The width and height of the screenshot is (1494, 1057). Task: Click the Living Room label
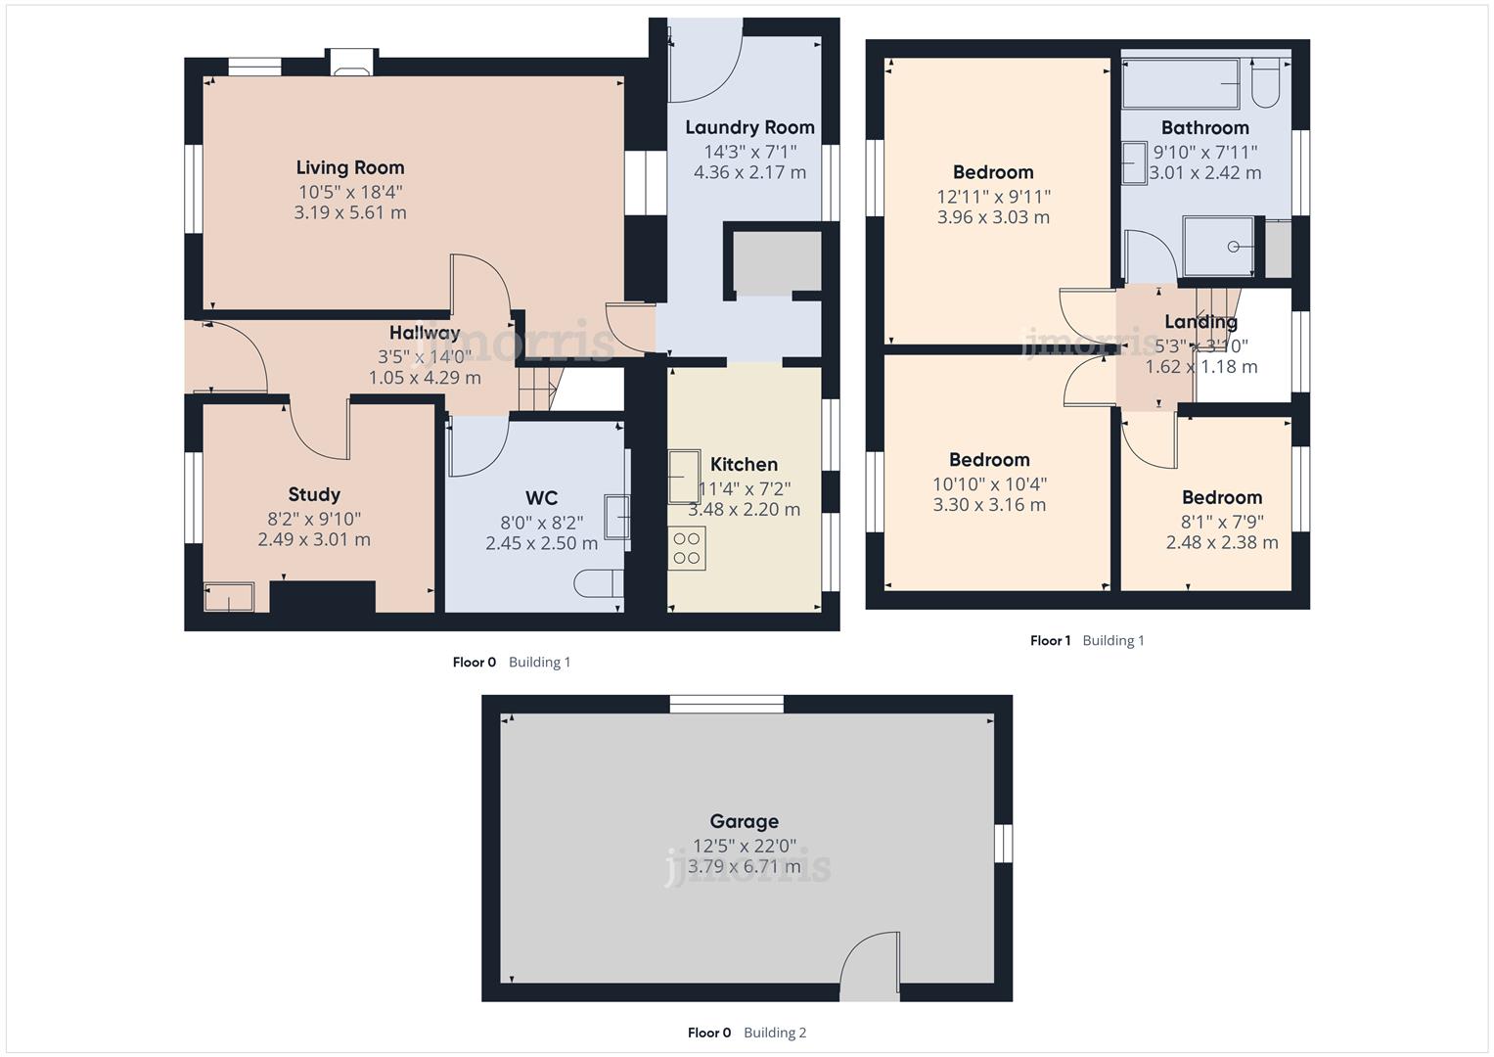(349, 167)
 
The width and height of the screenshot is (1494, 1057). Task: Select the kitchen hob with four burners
(687, 548)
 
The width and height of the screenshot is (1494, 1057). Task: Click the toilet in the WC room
(598, 583)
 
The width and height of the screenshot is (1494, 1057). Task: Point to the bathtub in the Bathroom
(1180, 84)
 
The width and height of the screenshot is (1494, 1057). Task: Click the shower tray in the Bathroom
(1218, 247)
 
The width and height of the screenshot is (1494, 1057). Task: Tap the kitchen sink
(683, 476)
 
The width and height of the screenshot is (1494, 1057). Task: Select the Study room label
(314, 494)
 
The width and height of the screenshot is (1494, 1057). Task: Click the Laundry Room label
(749, 127)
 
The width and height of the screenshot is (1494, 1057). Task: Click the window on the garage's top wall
(726, 704)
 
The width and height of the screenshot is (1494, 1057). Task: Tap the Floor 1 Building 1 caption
(1086, 641)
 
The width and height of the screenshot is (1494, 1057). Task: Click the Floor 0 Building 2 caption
(747, 1033)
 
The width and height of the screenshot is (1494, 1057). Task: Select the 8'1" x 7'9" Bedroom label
(1221, 497)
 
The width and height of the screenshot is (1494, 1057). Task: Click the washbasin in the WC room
(616, 517)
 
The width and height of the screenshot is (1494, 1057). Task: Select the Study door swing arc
(319, 431)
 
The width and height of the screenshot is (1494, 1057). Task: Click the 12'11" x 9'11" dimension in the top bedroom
(993, 197)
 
